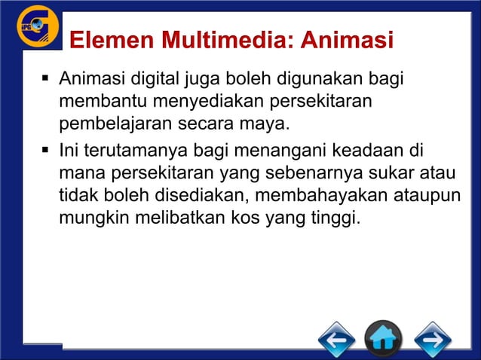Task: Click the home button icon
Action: click(x=384, y=340)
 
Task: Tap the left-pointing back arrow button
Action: click(x=336, y=340)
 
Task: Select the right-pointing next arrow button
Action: click(x=432, y=340)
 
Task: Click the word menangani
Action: click(x=280, y=147)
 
